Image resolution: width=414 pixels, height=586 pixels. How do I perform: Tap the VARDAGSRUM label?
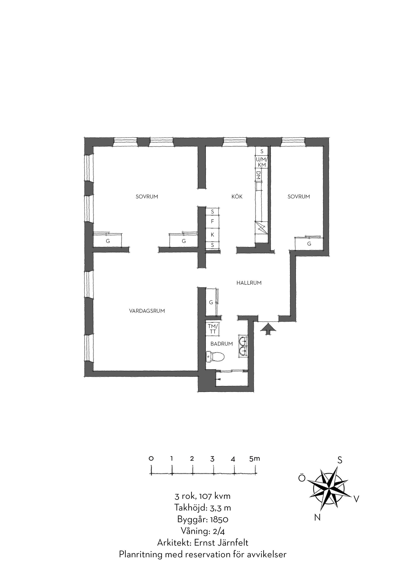pos(147,311)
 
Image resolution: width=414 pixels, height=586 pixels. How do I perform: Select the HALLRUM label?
pos(249,283)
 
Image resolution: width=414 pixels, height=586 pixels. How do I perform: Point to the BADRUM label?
pos(221,344)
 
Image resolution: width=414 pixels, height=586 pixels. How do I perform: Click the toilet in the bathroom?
pos(215,357)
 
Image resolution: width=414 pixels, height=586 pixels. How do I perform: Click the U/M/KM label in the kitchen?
pos(262,162)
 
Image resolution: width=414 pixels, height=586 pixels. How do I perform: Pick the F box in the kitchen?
pos(212,221)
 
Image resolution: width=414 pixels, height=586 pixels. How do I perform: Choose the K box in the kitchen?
pos(212,235)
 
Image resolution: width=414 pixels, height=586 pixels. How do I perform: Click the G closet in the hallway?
pos(211,302)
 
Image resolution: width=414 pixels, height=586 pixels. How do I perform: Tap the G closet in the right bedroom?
pos(309,243)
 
